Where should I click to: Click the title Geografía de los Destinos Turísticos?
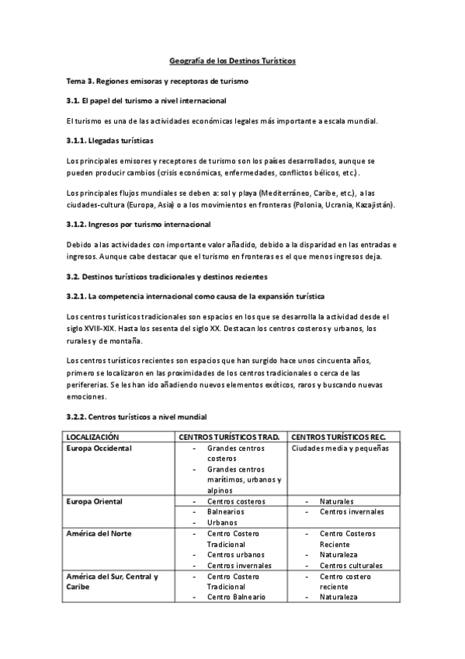233,60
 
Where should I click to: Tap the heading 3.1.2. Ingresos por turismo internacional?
139,225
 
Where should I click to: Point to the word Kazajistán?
373,205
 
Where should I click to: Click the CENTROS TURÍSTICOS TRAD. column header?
229,437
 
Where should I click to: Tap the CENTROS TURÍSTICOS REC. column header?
342,437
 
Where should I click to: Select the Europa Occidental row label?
99,448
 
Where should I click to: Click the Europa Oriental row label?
95,501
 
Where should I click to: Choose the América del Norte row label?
99,533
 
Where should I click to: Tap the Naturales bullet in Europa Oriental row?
337,502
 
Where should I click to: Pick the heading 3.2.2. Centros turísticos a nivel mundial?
137,417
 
